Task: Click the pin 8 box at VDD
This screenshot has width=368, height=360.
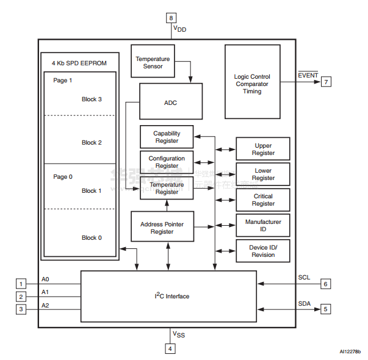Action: [x=171, y=18]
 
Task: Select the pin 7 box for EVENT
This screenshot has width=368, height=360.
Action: [x=327, y=81]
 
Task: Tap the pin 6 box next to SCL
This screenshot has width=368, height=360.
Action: [x=326, y=284]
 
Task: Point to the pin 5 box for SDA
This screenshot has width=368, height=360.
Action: [x=326, y=309]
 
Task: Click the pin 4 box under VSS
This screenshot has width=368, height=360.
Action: [x=171, y=348]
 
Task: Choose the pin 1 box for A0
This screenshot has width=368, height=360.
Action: [x=21, y=284]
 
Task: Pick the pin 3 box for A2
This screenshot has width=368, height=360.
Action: [x=21, y=309]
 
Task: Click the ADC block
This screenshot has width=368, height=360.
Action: [x=171, y=102]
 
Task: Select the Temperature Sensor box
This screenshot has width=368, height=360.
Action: [x=153, y=62]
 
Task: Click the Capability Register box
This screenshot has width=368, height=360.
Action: [x=167, y=137]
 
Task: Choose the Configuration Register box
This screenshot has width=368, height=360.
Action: [x=167, y=162]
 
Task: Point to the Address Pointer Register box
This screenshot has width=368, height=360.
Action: [x=162, y=227]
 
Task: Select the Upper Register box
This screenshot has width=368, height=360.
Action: [x=263, y=149]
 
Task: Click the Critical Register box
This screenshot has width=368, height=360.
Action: [x=263, y=200]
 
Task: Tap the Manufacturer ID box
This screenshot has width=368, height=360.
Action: [x=263, y=225]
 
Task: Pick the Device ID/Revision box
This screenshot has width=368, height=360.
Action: [x=263, y=251]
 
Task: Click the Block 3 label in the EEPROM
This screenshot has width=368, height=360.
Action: [x=92, y=99]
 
